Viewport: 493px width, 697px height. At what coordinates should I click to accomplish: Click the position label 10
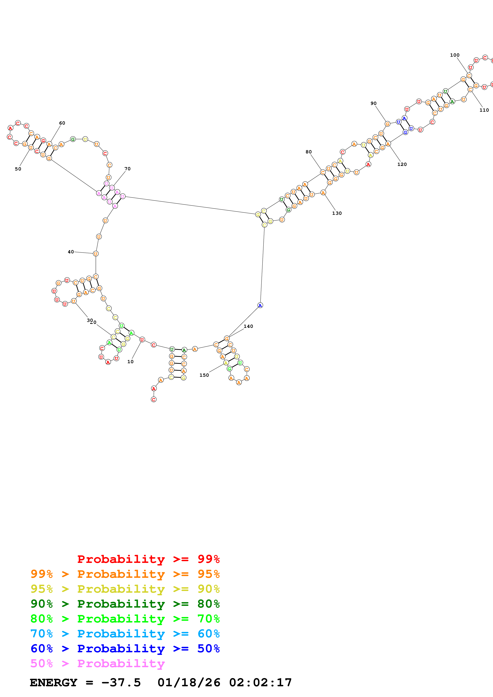coord(130,362)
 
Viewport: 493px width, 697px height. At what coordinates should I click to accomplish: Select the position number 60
coord(62,123)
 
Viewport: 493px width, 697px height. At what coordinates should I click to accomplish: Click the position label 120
coord(402,164)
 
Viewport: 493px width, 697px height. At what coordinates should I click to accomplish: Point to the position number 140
coord(248,326)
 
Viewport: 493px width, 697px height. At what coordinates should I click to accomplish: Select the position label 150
coord(204,375)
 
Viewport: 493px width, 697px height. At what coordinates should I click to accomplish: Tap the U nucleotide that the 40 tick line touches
coord(96,254)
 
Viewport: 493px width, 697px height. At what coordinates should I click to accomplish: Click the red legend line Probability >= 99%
coord(148,559)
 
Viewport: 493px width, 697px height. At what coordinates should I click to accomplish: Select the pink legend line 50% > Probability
coord(97,663)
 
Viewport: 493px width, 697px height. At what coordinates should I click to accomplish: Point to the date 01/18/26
coord(189,682)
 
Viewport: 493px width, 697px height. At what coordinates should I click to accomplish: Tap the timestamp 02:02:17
coord(260,682)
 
